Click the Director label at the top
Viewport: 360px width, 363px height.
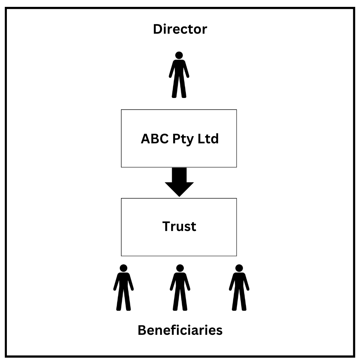180,29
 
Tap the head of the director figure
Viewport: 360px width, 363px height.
179,55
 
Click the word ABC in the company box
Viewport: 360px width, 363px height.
154,139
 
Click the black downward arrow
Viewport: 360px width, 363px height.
179,180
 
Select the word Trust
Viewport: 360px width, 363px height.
179,227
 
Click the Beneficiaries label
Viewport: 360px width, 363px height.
180,330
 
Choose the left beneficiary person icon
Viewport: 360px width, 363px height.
124,288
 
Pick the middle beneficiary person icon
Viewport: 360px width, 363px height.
180,288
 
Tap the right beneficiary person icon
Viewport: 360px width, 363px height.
239,288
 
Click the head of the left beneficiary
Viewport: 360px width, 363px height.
124,268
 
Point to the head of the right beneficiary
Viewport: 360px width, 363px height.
239,268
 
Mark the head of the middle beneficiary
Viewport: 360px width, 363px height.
180,268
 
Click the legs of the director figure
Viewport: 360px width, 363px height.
179,88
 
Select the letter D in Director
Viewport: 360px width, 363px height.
158,29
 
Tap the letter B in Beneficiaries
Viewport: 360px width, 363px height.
142,330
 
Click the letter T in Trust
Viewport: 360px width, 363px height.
166,227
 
